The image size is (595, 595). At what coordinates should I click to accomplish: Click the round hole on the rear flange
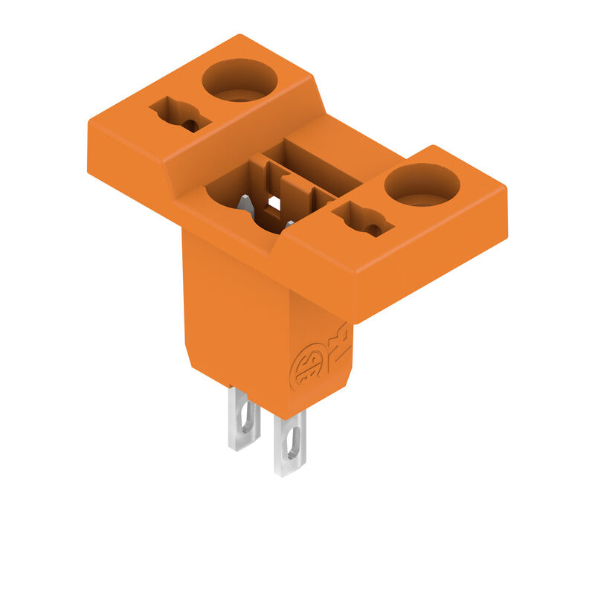239,80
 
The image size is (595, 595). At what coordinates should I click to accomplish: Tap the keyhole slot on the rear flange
181,115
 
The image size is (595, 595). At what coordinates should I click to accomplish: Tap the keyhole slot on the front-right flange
363,220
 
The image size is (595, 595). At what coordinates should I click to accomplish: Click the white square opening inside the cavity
274,202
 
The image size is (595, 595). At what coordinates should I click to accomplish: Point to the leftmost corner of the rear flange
89,123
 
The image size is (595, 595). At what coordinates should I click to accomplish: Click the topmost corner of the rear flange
239,35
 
